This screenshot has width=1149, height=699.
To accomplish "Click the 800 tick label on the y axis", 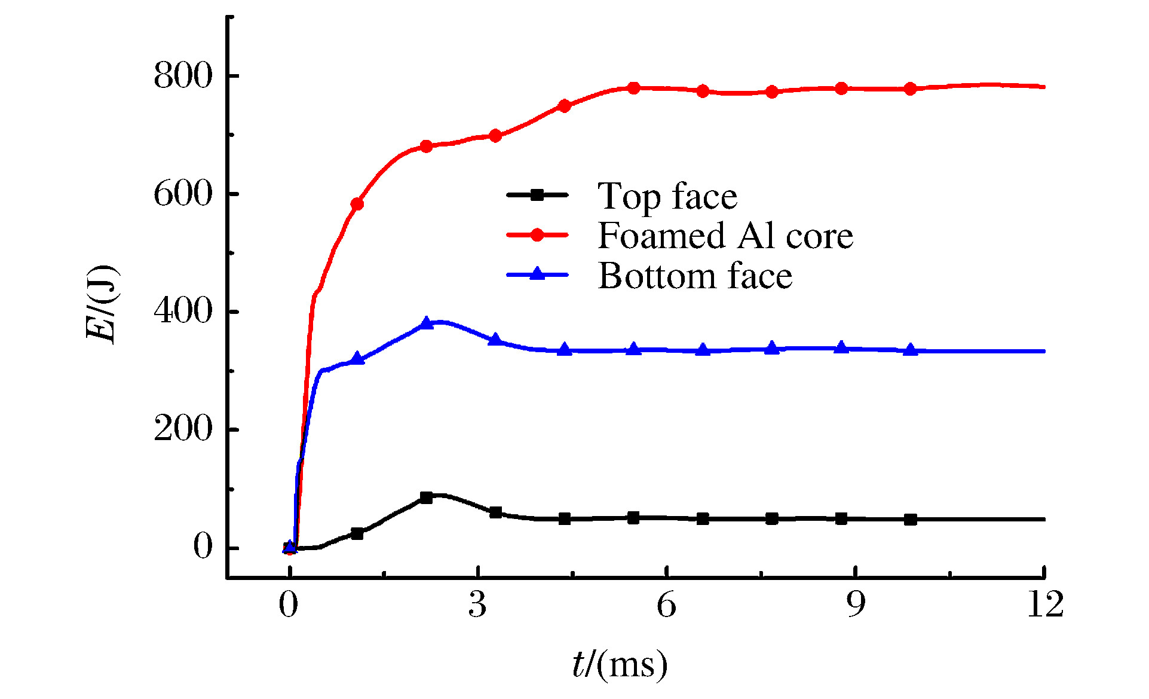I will click(x=183, y=77).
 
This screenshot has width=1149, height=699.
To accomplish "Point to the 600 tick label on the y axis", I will click(x=183, y=194).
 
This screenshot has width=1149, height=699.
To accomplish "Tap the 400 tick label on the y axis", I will click(x=183, y=312).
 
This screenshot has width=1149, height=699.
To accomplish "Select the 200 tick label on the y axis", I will click(x=183, y=429).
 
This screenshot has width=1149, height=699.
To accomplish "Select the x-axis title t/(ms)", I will click(x=620, y=664).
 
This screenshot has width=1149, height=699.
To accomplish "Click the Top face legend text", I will click(x=667, y=196).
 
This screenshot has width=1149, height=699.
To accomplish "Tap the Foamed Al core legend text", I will click(x=725, y=236).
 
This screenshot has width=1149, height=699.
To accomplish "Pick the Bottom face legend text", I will click(x=695, y=276).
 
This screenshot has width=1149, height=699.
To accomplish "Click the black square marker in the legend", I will click(x=537, y=194).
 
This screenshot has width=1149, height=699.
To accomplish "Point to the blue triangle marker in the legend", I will click(x=537, y=274).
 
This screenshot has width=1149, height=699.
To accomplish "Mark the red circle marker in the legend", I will click(x=537, y=234).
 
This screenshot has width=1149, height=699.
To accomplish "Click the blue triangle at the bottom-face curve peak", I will click(x=426, y=323).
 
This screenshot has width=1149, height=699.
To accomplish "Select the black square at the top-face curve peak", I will click(x=426, y=497).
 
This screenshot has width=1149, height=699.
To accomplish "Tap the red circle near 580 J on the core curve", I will click(x=357, y=204).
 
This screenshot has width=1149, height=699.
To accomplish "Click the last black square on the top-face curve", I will click(x=910, y=520).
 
